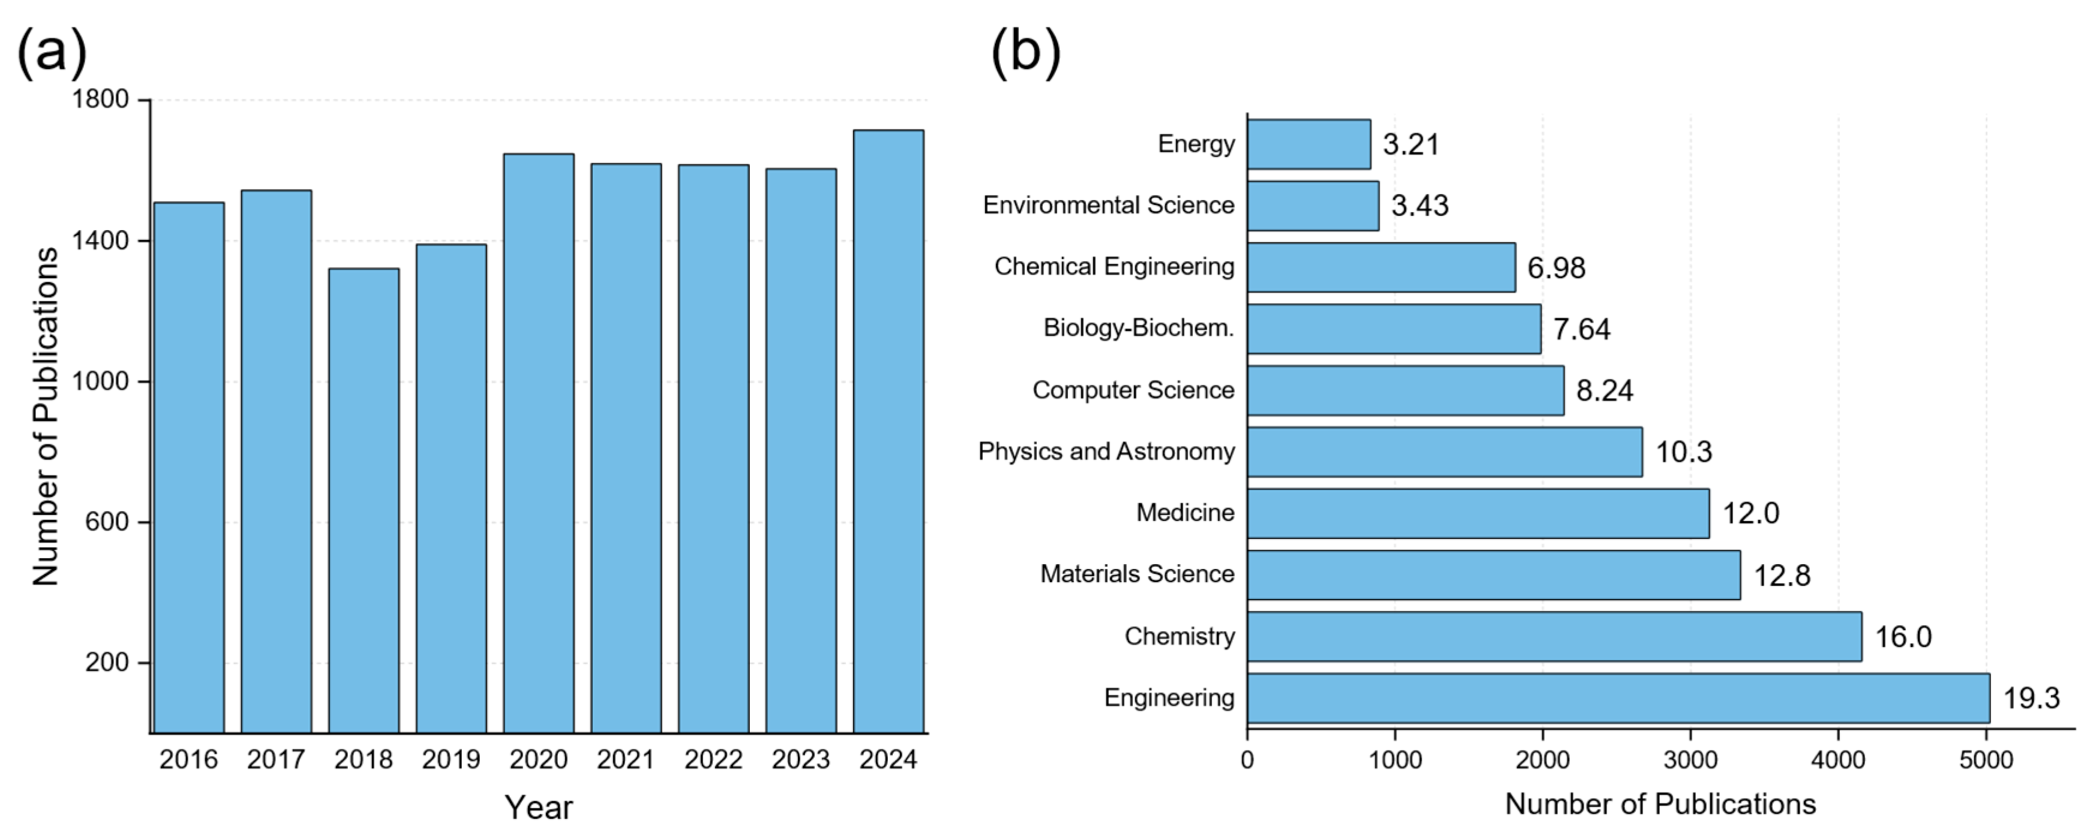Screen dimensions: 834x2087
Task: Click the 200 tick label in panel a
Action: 107,663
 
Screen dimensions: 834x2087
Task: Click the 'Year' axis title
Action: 539,807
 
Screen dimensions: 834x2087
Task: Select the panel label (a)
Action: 52,52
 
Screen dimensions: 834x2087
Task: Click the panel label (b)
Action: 1026,52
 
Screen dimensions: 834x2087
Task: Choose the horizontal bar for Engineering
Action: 1618,698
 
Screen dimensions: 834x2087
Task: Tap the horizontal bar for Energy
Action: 1308,144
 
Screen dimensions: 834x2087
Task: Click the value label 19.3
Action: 2031,698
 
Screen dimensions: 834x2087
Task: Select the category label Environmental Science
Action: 1109,205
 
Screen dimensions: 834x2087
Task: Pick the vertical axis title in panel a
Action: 46,416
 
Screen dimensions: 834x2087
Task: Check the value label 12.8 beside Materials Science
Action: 1782,575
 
